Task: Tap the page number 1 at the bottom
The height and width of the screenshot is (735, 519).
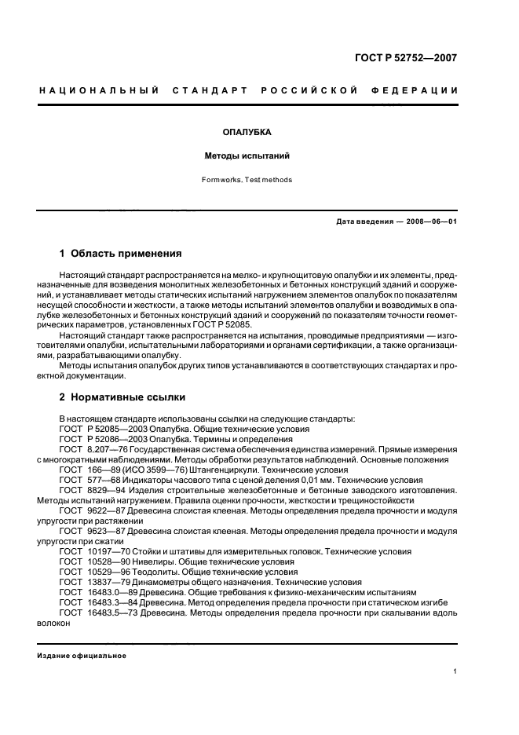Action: pos(455,671)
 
